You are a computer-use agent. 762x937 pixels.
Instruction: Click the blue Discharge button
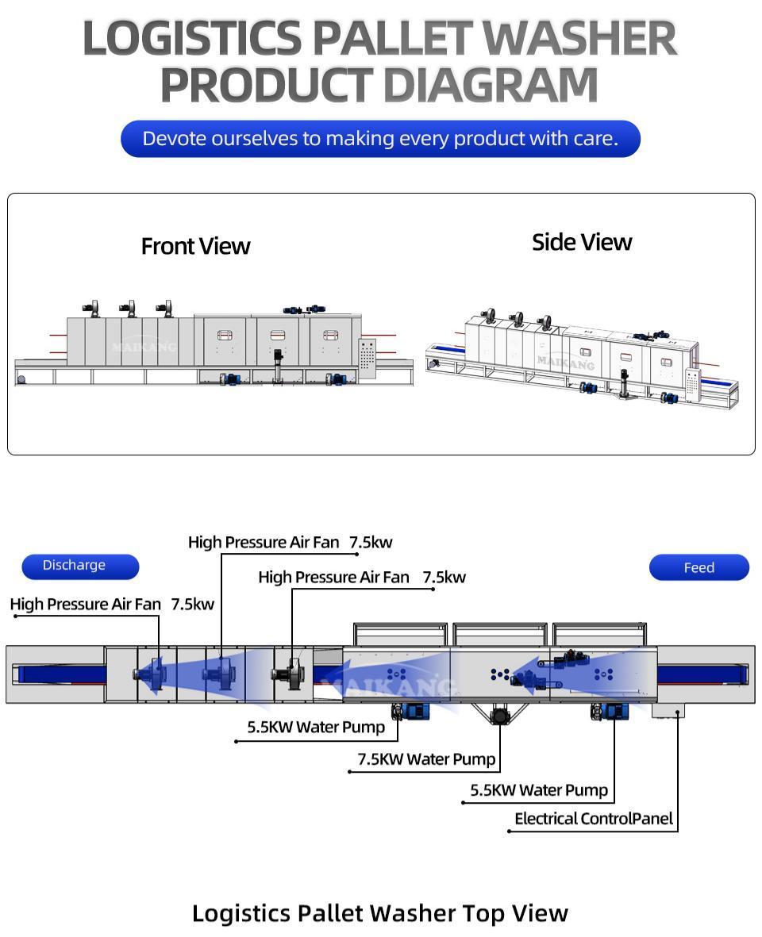coord(79,566)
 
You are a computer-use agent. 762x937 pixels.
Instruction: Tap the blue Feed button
coord(698,568)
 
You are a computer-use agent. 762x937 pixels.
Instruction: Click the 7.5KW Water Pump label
coord(426,759)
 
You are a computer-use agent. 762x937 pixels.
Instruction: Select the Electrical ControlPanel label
coord(593,819)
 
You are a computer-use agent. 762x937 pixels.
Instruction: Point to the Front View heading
coord(195,246)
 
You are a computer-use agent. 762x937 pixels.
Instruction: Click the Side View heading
coord(581,242)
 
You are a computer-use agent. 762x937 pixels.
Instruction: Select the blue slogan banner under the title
coord(380,139)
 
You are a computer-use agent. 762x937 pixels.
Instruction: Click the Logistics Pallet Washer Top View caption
coord(380,913)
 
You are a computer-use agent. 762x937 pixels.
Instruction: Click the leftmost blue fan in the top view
coord(149,674)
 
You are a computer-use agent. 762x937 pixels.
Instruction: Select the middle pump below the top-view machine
coord(499,715)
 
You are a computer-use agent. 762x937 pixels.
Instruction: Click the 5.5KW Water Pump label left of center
coord(315,727)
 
